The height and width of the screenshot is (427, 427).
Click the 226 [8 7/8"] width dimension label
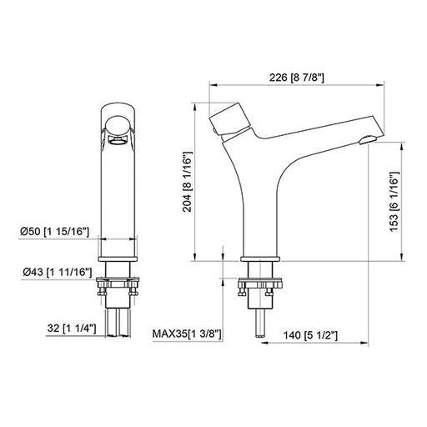296,78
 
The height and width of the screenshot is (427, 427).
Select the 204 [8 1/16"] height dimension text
187,182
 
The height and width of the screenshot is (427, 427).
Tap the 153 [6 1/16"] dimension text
394,202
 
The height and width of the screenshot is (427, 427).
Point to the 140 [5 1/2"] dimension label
310,335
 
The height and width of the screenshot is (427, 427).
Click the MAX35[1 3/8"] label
187,334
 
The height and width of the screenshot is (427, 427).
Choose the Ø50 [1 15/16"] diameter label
54,231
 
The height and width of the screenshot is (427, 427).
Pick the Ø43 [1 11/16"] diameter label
58,272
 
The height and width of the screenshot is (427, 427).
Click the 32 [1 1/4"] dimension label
72,329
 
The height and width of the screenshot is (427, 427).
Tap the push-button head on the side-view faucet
229,119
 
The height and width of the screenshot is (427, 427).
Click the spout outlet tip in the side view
367,139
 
